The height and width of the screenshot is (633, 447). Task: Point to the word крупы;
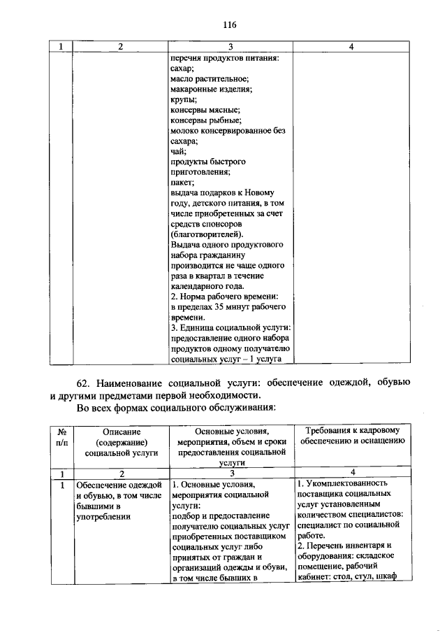click(x=184, y=101)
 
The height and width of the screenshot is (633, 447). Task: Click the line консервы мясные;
click(x=205, y=111)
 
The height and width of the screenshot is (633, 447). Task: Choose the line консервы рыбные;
click(x=206, y=120)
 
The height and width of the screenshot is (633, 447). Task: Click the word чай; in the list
click(x=179, y=150)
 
